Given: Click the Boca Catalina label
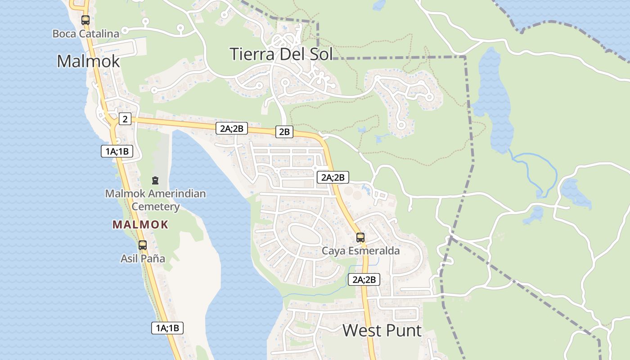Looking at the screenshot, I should point(85,34).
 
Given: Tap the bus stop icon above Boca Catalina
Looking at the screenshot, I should point(85,20).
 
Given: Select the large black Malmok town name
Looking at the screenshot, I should point(88,61).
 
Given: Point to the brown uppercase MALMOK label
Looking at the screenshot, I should point(140,225).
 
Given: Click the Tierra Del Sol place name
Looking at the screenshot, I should point(281,54).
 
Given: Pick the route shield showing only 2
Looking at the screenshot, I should point(125,119).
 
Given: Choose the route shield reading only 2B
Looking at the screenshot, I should point(284,132).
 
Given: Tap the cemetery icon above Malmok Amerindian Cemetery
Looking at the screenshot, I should point(155,181).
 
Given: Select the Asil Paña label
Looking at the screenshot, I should point(143,259).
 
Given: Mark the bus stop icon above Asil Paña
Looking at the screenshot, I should point(143,245).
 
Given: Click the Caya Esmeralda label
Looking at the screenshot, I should point(360,251).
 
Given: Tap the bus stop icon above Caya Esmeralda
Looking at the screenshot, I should point(360,237).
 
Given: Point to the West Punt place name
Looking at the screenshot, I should point(382,331).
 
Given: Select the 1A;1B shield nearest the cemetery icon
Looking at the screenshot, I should point(117,151).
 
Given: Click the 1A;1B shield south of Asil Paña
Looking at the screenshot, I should point(167,328).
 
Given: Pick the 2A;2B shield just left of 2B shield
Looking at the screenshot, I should point(231,128).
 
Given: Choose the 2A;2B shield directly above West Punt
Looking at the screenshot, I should point(364,279).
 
